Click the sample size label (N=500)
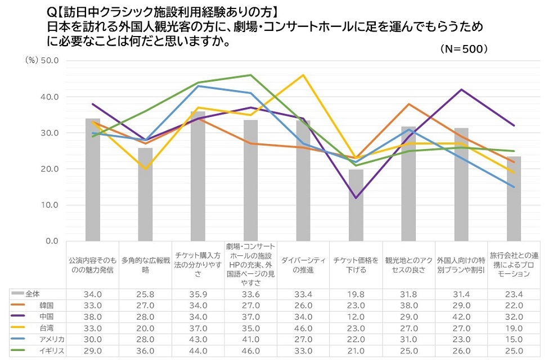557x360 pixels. click(x=464, y=49)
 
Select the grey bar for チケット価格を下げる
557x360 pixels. click(x=356, y=205)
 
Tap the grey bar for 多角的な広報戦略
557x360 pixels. click(x=145, y=194)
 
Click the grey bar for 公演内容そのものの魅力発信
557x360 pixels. click(x=93, y=180)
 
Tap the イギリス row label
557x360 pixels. click(x=51, y=349)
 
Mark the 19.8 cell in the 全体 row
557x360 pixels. click(x=356, y=294)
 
